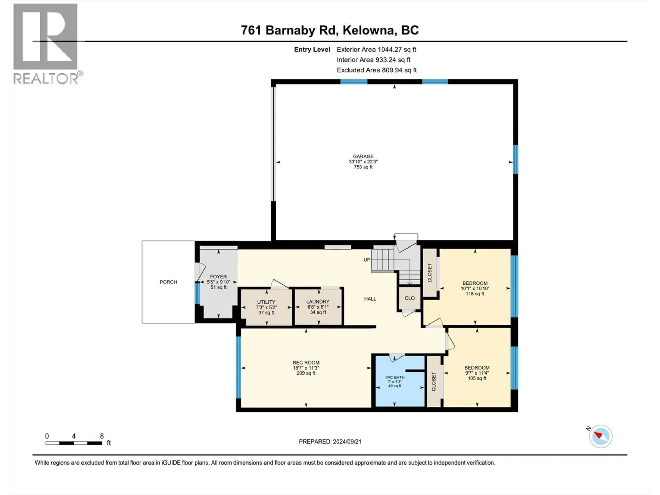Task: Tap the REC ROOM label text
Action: coord(306,362)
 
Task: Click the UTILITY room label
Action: coord(266,302)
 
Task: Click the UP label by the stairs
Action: coord(367,260)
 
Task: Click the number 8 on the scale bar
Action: coord(102,436)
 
